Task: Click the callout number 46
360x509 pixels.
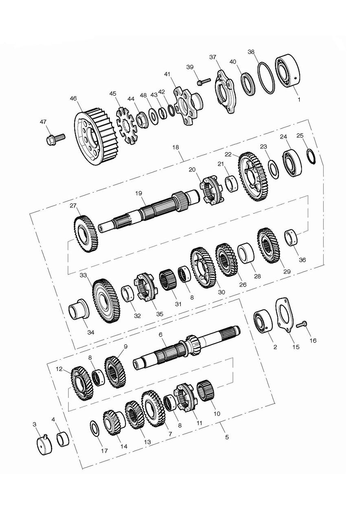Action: click(73, 99)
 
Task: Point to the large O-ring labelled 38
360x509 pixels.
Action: click(266, 77)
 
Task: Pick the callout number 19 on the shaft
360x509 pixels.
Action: click(138, 193)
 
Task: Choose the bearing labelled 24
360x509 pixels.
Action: click(292, 162)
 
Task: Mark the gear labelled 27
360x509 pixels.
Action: click(86, 234)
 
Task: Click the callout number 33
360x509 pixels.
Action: click(83, 276)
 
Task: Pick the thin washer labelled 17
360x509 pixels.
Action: click(94, 429)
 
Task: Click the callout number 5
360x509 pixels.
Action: click(226, 437)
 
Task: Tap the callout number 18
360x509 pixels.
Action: click(176, 147)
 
